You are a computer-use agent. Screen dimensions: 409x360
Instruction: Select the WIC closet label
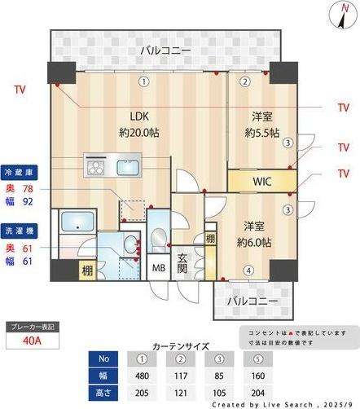[x=261, y=180]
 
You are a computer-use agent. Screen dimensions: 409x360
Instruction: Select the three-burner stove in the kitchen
[x=95, y=168]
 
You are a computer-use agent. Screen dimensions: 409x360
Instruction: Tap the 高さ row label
[x=103, y=392]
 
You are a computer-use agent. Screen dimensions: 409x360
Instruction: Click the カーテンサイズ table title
[x=180, y=345]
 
